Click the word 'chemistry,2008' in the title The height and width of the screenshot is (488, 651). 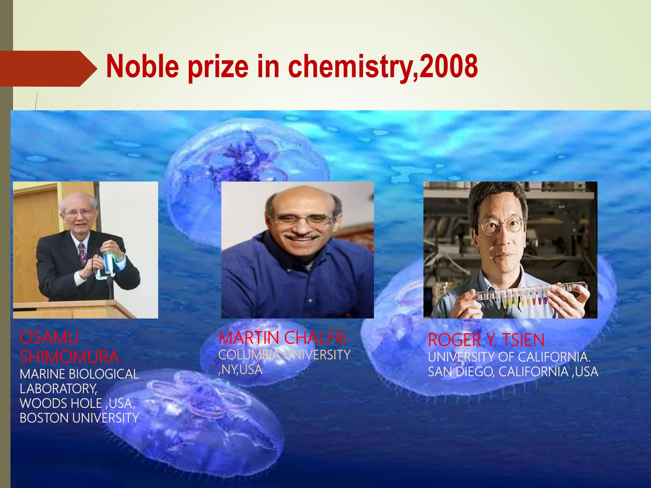(383, 67)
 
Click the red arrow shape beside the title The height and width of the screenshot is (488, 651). (48, 69)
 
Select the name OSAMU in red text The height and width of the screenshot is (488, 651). (49, 337)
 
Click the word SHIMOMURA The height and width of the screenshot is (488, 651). (69, 357)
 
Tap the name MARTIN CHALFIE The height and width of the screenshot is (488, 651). (283, 338)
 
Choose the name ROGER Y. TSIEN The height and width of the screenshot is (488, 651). (486, 340)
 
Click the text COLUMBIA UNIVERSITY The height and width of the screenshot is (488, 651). (284, 355)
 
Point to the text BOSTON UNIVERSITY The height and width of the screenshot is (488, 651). (79, 418)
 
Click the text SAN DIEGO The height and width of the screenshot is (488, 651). (461, 372)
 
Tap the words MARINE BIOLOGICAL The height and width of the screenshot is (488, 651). (79, 374)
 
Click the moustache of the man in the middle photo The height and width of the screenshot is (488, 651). (302, 236)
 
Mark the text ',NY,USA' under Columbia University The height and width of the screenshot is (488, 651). (240, 370)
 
